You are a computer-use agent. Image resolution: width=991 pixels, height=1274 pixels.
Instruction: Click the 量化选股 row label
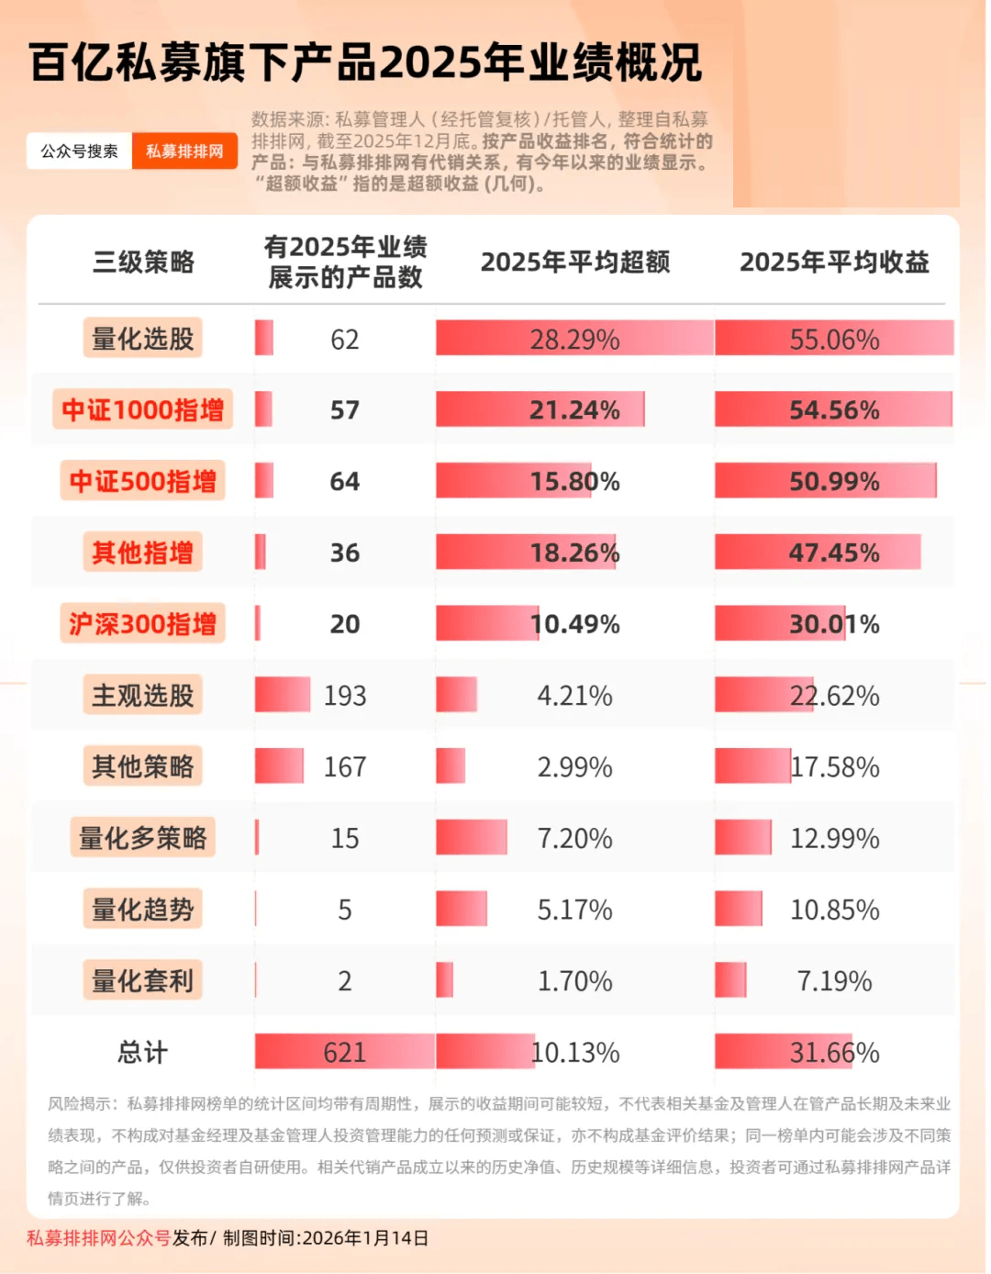point(142,339)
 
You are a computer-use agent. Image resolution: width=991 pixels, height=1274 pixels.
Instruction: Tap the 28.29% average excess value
point(574,340)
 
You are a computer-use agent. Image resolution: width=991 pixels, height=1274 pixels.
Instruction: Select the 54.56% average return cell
point(834,409)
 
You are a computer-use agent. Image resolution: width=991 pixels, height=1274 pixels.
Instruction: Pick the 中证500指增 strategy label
point(142,481)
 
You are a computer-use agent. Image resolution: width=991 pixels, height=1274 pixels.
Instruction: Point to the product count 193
point(345,696)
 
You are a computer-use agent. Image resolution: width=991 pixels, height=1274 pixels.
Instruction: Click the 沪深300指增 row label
point(142,624)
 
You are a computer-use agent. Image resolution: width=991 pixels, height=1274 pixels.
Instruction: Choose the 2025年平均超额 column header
point(575,263)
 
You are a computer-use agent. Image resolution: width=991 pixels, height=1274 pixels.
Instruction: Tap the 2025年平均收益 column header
point(834,263)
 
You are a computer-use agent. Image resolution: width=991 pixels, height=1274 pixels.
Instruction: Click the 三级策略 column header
point(143,263)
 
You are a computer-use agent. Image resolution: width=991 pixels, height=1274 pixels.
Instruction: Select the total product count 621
point(345,1052)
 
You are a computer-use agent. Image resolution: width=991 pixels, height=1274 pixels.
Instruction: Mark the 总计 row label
point(142,1052)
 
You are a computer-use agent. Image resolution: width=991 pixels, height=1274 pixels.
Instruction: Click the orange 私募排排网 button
point(184,151)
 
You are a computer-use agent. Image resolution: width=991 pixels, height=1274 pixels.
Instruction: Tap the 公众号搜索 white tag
point(80,151)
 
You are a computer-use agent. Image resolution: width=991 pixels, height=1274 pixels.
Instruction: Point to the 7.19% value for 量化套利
point(834,981)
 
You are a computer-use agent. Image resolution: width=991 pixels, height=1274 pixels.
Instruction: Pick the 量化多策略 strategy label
point(142,838)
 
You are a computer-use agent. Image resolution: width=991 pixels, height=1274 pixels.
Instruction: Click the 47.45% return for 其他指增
point(834,553)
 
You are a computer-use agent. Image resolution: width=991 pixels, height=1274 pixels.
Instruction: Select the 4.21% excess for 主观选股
point(574,696)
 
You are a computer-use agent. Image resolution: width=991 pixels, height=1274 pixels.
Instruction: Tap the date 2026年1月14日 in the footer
point(365,1238)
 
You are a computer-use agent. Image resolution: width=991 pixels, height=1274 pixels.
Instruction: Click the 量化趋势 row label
point(142,910)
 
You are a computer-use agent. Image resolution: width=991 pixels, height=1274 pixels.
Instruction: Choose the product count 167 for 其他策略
point(345,766)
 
